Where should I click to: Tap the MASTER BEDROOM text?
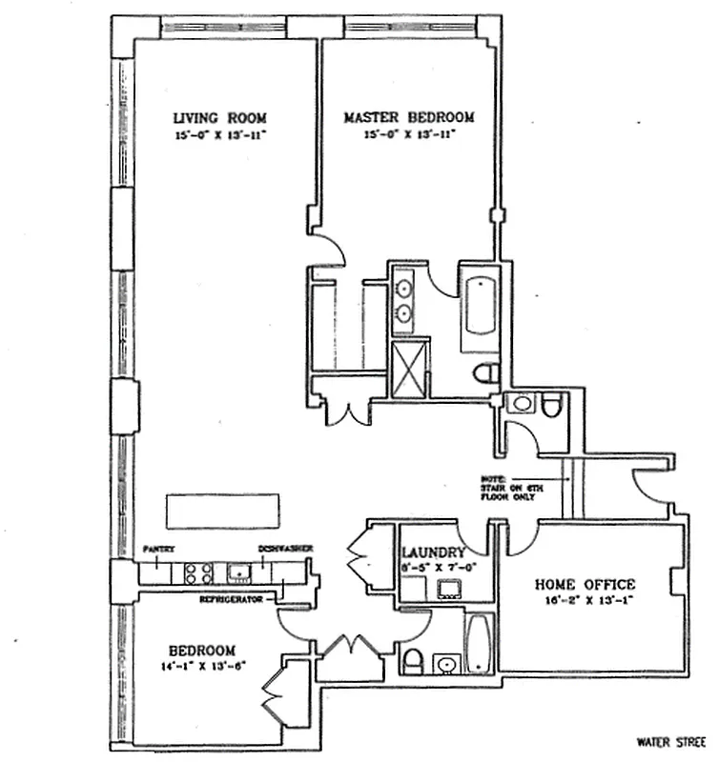408,118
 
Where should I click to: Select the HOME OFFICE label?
585,584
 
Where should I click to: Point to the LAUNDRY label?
434,552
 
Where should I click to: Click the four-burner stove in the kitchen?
197,573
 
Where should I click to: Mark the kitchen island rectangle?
223,511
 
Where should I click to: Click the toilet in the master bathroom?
486,371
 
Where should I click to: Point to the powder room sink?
521,404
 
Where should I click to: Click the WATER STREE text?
675,740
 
